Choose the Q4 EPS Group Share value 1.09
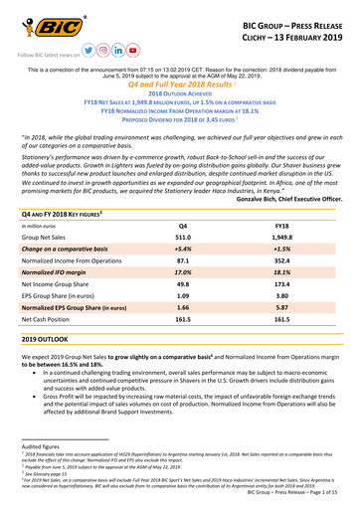point(182,310)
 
